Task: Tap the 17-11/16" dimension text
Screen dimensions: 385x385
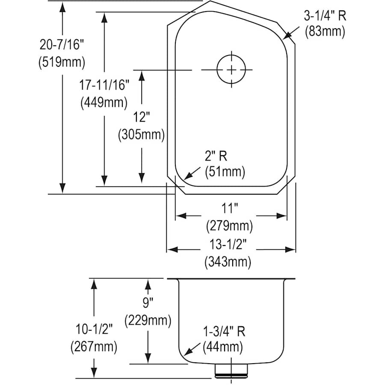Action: point(104,85)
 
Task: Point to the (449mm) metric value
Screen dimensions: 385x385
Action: point(104,103)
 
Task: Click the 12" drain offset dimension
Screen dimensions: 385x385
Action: point(141,117)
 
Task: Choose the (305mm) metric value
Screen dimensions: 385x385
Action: point(141,135)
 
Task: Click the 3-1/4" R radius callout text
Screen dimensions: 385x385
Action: point(325,16)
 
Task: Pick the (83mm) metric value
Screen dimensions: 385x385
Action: point(325,32)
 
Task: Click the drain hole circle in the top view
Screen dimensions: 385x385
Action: point(231,70)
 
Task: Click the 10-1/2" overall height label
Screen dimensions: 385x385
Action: point(94,329)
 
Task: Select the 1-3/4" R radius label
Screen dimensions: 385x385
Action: point(224,332)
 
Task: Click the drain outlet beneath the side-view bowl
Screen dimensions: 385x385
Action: point(231,371)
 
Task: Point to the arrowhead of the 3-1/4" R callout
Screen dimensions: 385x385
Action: point(285,37)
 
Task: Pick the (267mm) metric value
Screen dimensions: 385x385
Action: point(94,346)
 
